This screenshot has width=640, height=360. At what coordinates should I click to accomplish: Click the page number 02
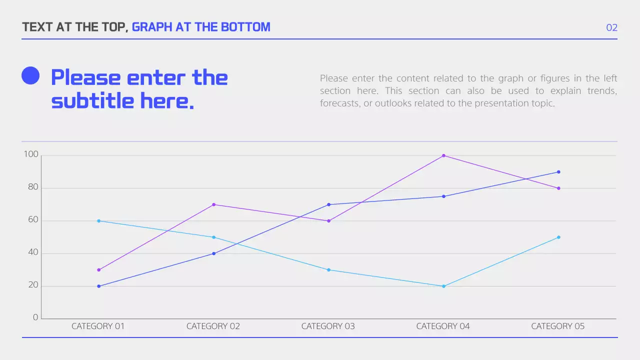611,27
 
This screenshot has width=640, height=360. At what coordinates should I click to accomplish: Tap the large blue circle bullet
30,75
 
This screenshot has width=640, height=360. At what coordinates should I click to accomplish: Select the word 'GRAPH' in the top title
152,27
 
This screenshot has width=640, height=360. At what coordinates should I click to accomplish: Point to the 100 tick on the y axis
31,154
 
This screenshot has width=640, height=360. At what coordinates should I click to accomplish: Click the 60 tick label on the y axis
32,220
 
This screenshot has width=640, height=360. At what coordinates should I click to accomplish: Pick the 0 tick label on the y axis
35,317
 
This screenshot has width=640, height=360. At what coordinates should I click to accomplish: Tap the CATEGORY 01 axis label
98,326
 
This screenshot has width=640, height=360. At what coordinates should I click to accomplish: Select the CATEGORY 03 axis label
328,326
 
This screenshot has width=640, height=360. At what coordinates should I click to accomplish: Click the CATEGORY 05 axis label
557,326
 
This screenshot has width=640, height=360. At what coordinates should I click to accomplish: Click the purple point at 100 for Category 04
443,155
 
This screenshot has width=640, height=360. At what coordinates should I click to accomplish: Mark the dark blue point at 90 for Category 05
558,172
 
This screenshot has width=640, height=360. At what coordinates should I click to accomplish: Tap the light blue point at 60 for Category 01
98,221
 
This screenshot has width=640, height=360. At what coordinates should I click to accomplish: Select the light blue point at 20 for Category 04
443,286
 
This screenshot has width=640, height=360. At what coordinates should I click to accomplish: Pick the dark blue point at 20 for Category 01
98,286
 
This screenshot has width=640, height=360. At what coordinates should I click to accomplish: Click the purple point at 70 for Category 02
213,204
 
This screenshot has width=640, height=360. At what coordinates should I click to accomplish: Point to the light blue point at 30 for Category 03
328,270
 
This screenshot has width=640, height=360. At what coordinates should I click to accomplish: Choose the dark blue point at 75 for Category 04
443,196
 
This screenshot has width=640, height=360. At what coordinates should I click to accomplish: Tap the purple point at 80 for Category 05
558,188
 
